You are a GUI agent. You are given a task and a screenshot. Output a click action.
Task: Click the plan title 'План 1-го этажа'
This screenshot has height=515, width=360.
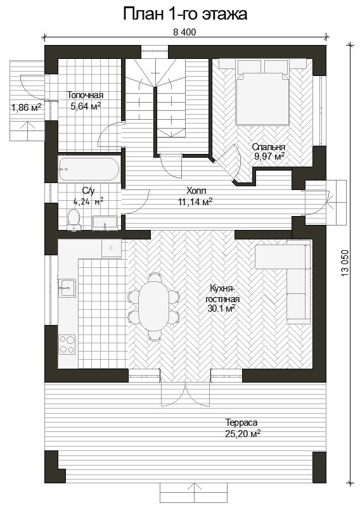[x=185, y=14]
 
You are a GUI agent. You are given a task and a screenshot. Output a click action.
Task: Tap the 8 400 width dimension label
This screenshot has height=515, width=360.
[x=184, y=32]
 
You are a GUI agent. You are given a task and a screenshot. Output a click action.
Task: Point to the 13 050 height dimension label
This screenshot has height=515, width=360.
[x=345, y=263]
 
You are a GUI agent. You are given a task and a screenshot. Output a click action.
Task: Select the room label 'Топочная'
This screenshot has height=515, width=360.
[x=85, y=95]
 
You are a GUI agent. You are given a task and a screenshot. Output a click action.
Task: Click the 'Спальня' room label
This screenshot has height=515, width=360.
[x=269, y=147]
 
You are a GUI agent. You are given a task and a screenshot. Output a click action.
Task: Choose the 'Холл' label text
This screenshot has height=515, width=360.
[x=196, y=191]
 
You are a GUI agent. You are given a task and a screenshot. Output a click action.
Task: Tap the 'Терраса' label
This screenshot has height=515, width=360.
[x=241, y=423]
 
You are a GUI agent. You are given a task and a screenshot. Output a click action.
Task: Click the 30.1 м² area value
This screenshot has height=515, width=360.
[x=221, y=308]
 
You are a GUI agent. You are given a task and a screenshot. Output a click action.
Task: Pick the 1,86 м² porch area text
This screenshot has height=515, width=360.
[x=26, y=107]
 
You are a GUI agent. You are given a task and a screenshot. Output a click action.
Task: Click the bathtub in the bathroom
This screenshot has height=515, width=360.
[x=89, y=169]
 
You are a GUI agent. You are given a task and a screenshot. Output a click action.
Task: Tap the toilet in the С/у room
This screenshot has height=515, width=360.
[x=74, y=220]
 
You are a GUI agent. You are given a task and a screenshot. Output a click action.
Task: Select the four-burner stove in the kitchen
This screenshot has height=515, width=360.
[x=67, y=344]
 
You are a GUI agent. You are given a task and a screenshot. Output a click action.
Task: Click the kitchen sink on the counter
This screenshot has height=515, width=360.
[x=67, y=288]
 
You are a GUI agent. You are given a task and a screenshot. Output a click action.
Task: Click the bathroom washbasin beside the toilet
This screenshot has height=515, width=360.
[x=105, y=223]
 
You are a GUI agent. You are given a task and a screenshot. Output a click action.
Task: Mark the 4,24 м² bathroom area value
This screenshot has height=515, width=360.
[x=89, y=201]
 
